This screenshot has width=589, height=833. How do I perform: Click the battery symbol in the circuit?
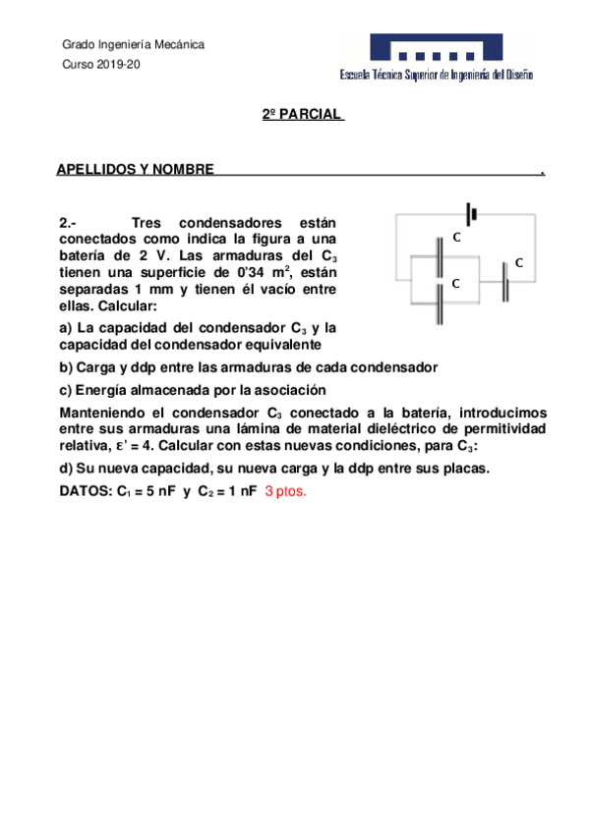[x=472, y=213]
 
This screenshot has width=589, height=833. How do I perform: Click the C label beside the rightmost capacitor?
[x=518, y=263]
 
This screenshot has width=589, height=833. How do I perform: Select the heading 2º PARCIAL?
[x=302, y=115]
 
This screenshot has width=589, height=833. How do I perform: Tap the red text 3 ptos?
[x=286, y=491]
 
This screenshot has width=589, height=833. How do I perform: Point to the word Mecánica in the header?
[x=178, y=45]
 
